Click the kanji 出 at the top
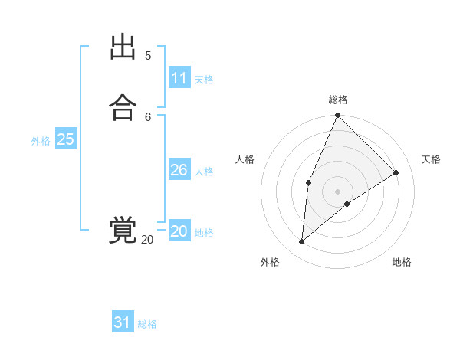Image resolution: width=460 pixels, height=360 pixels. pyautogui.click(x=123, y=47)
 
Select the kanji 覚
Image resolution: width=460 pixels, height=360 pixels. pyautogui.click(x=123, y=230)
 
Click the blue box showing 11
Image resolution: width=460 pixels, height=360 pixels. pyautogui.click(x=179, y=78)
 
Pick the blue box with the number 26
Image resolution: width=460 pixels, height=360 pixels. pyautogui.click(x=179, y=170)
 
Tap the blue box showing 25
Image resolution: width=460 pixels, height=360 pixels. pyautogui.click(x=65, y=139)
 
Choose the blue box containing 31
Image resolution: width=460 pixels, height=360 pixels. pyautogui.click(x=123, y=322)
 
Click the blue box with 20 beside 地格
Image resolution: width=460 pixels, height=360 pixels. pyautogui.click(x=179, y=231)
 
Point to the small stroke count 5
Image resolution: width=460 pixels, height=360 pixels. pyautogui.click(x=148, y=55)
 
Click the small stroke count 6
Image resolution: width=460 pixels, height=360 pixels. pyautogui.click(x=148, y=116)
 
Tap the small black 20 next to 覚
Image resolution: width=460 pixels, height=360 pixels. pyautogui.click(x=147, y=240)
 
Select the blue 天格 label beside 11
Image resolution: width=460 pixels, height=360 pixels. pyautogui.click(x=204, y=80)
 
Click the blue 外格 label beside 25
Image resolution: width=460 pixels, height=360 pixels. pyautogui.click(x=41, y=141)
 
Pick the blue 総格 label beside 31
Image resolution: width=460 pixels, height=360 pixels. pyautogui.click(x=147, y=324)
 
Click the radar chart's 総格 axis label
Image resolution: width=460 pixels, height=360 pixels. pyautogui.click(x=338, y=100)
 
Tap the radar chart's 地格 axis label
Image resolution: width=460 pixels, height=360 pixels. pyautogui.click(x=402, y=262)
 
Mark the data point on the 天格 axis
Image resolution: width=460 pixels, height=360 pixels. pyautogui.click(x=396, y=172)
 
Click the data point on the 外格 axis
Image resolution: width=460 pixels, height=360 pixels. pyautogui.click(x=302, y=242)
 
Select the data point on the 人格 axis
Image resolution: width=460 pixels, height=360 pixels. pyautogui.click(x=308, y=182)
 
